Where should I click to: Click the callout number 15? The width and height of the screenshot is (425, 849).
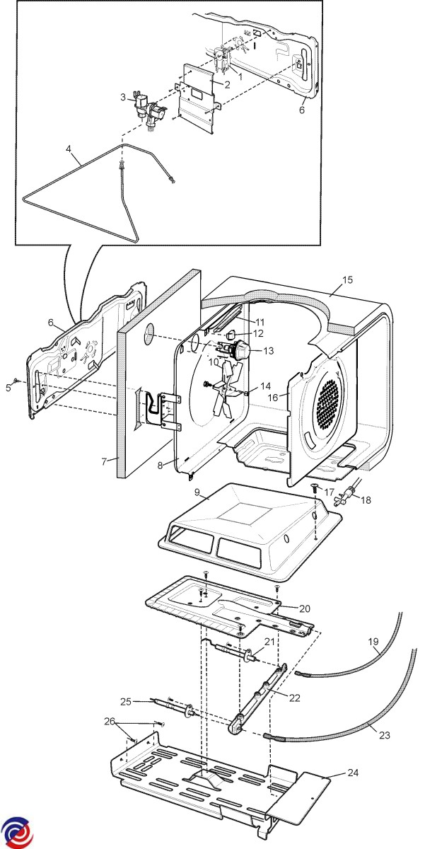tap(347, 279)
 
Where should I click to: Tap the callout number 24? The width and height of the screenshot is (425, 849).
tap(351, 773)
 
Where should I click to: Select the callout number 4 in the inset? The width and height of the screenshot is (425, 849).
tap(69, 149)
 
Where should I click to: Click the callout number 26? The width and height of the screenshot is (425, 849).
tap(108, 722)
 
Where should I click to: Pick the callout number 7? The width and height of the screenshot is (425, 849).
tap(103, 462)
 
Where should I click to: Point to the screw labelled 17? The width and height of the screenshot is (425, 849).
tap(313, 488)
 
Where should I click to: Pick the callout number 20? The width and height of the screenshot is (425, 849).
tap(304, 608)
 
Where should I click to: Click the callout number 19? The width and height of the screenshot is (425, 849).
tap(373, 642)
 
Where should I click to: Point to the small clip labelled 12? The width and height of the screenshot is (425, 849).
tap(230, 334)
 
